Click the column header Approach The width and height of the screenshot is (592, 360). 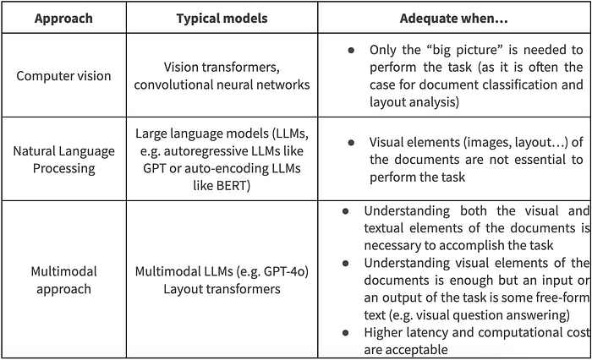point(63,18)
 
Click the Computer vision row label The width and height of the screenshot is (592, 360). point(63,75)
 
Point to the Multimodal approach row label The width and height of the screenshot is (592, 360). point(63,281)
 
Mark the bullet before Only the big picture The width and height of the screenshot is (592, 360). point(351,51)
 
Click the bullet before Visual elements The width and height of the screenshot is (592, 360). point(351,142)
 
